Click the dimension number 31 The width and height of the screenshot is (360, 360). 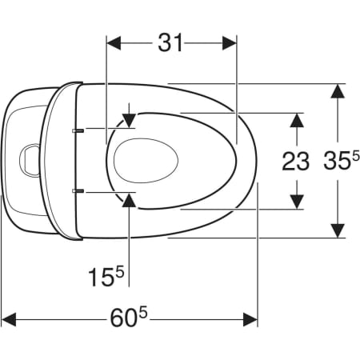click(x=170, y=42)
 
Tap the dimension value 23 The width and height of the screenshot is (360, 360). click(x=295, y=161)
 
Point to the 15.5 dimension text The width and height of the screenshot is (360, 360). click(x=106, y=277)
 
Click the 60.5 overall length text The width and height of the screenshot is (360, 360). click(x=129, y=318)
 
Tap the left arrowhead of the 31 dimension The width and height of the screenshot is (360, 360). click(x=114, y=43)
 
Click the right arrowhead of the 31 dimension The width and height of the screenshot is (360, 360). click(x=230, y=43)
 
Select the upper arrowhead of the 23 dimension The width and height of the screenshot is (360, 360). click(x=297, y=120)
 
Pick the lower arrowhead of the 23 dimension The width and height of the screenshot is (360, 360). click(x=297, y=202)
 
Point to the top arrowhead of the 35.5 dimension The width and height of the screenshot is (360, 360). click(x=338, y=91)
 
